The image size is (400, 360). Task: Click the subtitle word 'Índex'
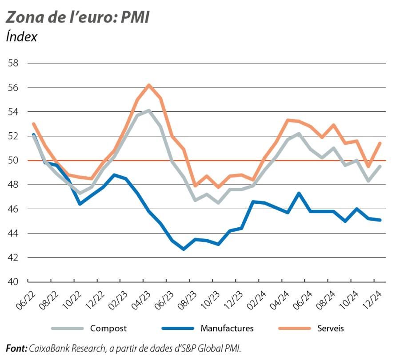point(21,37)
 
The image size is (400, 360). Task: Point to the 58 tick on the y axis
point(13,63)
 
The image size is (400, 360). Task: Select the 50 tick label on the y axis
point(13,160)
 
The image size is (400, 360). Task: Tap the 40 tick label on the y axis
point(13,282)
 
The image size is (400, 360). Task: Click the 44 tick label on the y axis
point(13,233)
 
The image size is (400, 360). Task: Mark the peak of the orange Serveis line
point(149,85)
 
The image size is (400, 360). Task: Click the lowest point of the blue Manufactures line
point(184,249)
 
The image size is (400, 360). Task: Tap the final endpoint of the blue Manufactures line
point(380,220)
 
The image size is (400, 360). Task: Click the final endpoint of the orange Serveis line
point(380,143)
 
